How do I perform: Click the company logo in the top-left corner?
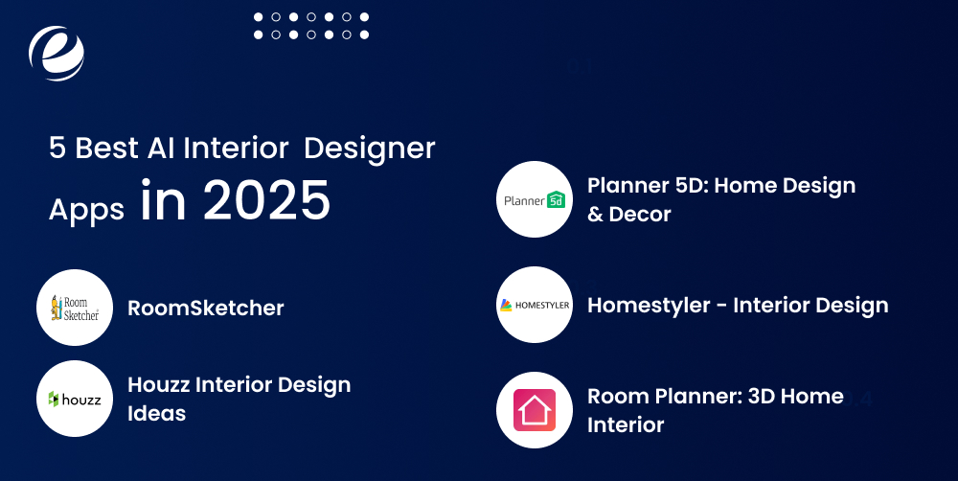coord(57,52)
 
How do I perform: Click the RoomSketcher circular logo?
coord(75,308)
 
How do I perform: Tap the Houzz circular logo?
coord(75,398)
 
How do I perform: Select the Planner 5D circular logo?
coord(535,199)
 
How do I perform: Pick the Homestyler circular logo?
coord(535,305)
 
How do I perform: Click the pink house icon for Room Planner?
coord(535,410)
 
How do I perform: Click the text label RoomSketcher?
coord(205,308)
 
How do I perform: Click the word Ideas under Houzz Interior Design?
coord(157,414)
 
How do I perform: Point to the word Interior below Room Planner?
coord(626,424)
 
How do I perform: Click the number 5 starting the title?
coord(57,149)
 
